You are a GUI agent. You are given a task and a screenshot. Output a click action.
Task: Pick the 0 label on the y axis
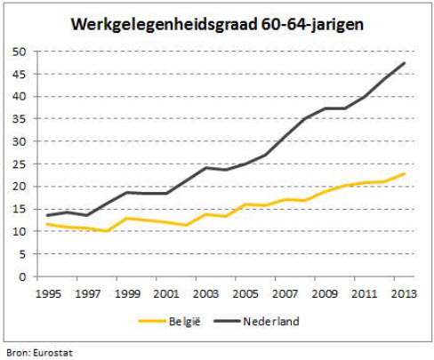20,276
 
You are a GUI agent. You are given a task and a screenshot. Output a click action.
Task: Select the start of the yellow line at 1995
47,224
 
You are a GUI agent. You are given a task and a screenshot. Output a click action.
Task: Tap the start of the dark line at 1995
47,215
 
